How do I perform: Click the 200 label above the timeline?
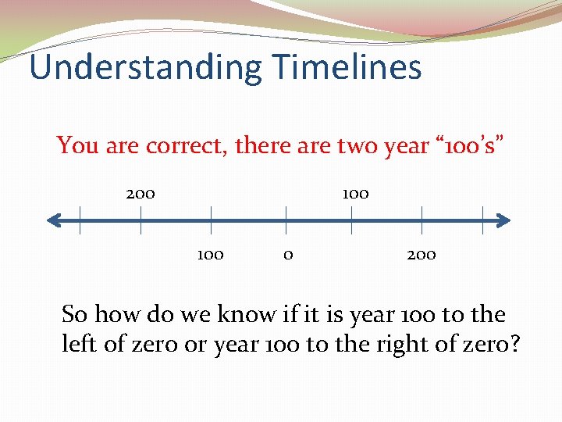coord(140,193)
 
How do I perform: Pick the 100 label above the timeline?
coord(355,193)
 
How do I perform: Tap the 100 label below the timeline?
coord(211,255)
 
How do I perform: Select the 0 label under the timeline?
coord(288,255)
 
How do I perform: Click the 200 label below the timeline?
coord(421,255)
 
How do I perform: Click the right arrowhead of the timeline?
coord(503,221)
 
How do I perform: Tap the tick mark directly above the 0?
coord(286,221)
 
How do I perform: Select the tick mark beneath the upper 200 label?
coord(140,221)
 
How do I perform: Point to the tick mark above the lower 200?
coord(422,221)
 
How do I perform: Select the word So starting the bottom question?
coord(74,315)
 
